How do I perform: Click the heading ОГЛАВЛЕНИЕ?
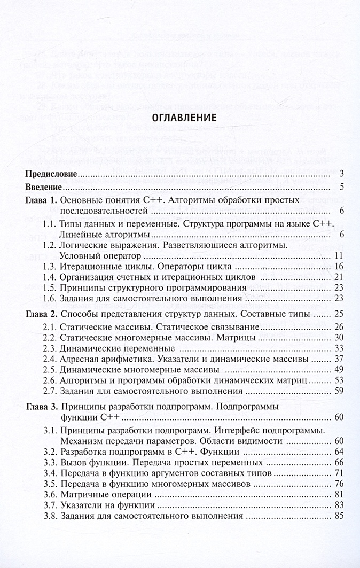point(179,118)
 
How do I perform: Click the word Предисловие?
point(52,174)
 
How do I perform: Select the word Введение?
point(45,187)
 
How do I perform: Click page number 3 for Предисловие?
point(340,174)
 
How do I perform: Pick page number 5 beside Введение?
point(340,187)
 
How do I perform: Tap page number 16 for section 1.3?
point(338,266)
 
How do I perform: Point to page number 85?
point(338,517)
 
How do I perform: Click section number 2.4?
point(50,359)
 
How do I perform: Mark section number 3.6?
point(50,494)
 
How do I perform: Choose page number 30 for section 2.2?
point(338,338)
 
